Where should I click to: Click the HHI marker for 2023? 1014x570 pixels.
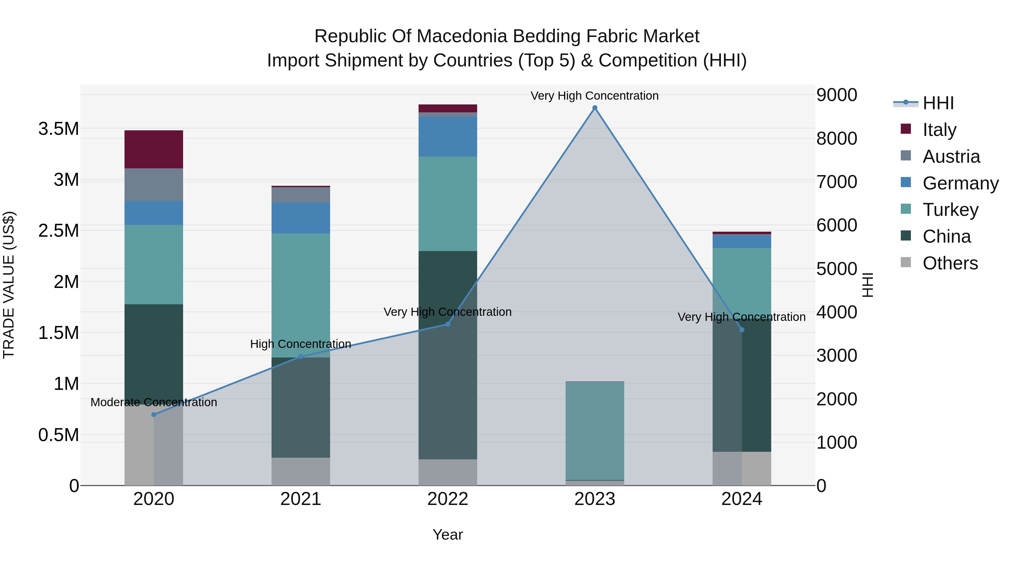[594, 108]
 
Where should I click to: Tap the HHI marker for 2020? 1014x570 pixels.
[154, 415]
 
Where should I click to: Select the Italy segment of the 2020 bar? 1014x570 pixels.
[154, 149]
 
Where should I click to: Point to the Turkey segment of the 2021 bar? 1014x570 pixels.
[301, 295]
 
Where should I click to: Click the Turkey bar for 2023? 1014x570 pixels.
[594, 431]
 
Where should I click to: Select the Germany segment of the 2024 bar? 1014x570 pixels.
[742, 241]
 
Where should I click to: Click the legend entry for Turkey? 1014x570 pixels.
[950, 210]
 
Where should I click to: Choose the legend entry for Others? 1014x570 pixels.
[950, 263]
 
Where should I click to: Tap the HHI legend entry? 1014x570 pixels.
[938, 103]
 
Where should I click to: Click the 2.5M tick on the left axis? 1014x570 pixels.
[59, 231]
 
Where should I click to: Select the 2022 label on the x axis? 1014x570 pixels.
[448, 499]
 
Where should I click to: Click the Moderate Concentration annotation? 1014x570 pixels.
[154, 402]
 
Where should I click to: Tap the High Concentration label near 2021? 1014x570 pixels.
[301, 344]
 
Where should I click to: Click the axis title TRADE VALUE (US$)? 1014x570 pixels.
[9, 285]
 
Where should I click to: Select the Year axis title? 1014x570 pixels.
[448, 535]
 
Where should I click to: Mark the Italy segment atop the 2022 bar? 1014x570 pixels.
[448, 108]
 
